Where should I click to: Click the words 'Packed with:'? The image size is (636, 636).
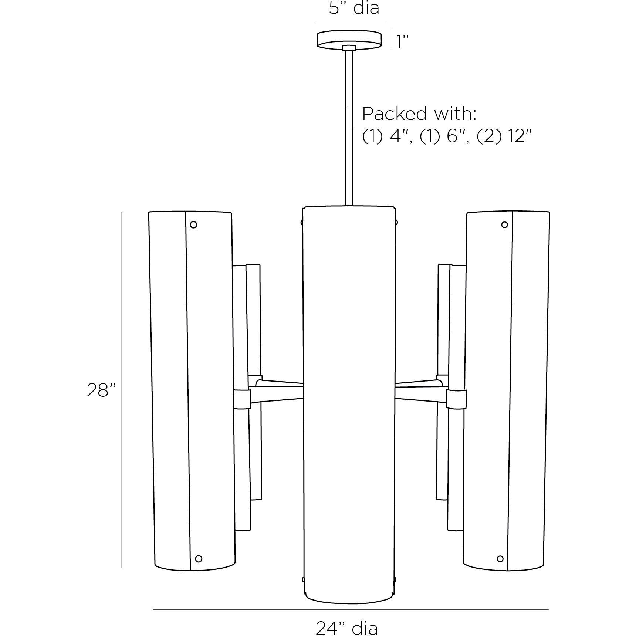(x=419, y=114)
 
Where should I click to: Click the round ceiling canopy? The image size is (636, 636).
(x=349, y=39)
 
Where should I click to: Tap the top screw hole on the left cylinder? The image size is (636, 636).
(x=193, y=224)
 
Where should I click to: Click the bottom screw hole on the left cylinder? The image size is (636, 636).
(x=199, y=558)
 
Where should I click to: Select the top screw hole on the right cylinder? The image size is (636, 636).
(x=504, y=224)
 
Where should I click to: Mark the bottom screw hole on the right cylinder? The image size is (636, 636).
(x=500, y=558)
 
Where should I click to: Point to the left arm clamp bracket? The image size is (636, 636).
(x=242, y=398)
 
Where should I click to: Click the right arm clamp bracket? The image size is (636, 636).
(x=456, y=399)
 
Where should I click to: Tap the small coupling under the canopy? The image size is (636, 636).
(x=349, y=48)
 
